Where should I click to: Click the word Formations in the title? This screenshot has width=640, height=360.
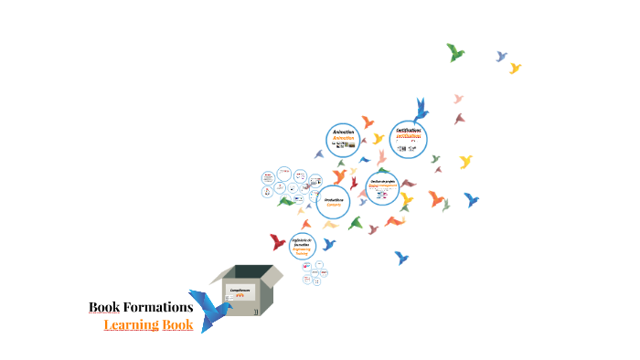(158, 307)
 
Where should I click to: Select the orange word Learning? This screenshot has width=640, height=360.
(131, 324)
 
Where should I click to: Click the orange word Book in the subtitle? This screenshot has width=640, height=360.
(177, 324)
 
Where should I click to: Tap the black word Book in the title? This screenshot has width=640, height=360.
(105, 307)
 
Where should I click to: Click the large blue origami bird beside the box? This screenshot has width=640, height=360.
(209, 311)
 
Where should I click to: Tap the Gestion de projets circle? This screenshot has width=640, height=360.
(382, 185)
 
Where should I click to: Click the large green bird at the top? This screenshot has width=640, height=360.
(455, 52)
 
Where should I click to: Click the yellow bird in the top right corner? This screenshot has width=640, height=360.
(515, 68)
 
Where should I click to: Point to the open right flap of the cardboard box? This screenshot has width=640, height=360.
(272, 275)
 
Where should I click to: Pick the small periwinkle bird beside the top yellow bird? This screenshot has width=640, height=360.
(501, 57)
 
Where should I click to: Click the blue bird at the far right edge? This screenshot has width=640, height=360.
(471, 198)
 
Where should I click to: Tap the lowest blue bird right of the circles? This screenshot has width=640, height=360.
(400, 258)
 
